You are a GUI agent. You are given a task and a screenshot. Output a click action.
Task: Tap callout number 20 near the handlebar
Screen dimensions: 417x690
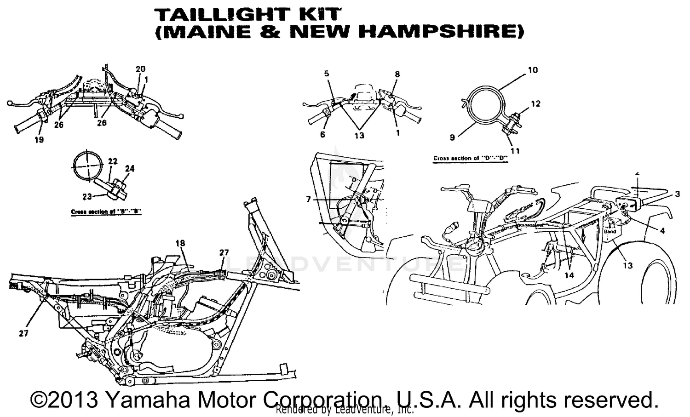140,69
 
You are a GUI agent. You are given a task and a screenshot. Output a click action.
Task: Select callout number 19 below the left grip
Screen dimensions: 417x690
39,139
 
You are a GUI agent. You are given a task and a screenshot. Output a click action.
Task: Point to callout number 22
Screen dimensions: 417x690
113,161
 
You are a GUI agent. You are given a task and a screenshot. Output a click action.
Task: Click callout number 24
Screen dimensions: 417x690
130,169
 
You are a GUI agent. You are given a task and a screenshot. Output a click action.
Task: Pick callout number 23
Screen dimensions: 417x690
87,196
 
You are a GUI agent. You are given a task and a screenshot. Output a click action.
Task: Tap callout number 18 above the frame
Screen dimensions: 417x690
180,243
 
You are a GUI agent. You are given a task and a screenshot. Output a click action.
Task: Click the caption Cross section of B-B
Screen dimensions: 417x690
106,212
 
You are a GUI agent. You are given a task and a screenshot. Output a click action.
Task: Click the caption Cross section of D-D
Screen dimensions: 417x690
471,159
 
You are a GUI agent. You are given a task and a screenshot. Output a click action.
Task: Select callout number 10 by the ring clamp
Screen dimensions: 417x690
533,70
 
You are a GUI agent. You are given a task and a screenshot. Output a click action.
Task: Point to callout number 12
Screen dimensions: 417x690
536,104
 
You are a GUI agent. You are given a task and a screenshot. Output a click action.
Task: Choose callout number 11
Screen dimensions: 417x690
515,150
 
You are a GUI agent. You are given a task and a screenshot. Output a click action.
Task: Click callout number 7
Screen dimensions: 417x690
308,199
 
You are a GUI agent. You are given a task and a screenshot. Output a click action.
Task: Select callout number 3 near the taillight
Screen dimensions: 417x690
678,194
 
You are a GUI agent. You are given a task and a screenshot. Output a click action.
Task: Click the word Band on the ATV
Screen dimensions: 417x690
609,232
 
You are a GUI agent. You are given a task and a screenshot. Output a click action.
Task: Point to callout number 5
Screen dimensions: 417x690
327,74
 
